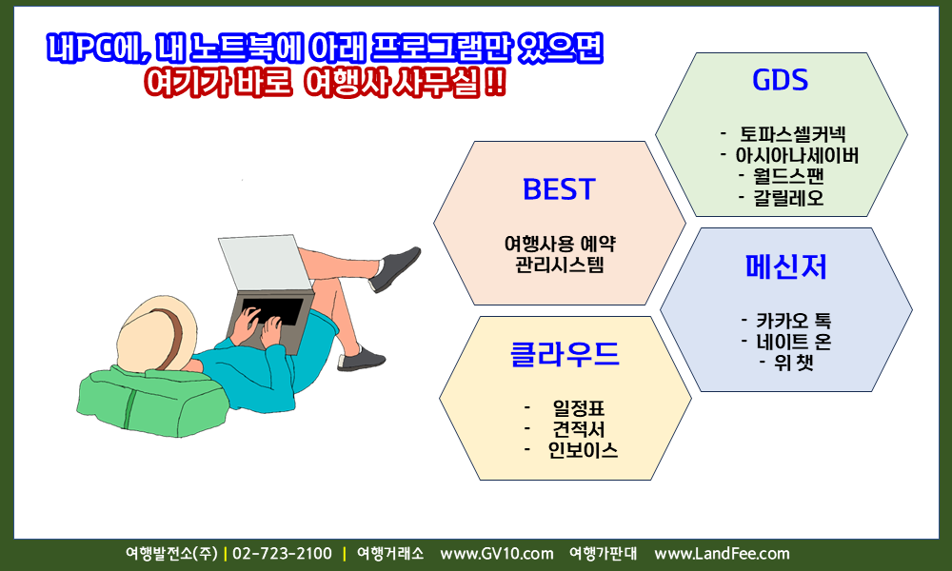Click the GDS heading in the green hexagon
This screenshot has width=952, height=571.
781,80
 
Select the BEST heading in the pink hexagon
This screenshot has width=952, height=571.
559,189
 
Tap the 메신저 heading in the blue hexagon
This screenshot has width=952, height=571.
786,266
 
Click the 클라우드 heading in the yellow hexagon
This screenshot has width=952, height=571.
565,354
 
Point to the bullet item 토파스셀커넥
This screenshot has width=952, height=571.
792,134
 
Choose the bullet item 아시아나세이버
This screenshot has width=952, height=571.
797,155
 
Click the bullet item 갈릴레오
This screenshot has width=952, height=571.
788,197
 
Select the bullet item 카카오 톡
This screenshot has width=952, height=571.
794,321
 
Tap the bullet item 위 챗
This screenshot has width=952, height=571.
794,363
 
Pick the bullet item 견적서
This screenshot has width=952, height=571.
579,429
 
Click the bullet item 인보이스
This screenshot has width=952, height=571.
583,450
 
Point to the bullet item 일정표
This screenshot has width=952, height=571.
579,407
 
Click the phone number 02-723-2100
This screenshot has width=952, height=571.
283,554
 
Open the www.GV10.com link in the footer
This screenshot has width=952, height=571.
497,554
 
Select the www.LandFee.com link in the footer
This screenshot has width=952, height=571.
722,554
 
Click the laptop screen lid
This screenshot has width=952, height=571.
265,264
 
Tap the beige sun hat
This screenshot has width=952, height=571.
157,333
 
